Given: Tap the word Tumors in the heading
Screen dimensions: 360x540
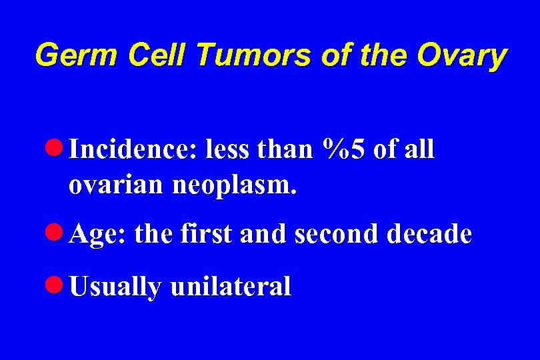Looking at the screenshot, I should click(x=254, y=56).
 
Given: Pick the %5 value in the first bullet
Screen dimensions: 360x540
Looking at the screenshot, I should click(x=343, y=150).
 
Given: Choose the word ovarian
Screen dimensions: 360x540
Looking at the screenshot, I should click(x=117, y=184).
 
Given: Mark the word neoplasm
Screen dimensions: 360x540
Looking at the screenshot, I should click(x=234, y=185).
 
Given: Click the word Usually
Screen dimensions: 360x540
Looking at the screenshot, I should click(x=115, y=288).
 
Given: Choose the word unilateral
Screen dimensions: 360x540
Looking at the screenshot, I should click(x=231, y=287).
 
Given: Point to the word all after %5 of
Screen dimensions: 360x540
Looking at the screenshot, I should click(x=420, y=150).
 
